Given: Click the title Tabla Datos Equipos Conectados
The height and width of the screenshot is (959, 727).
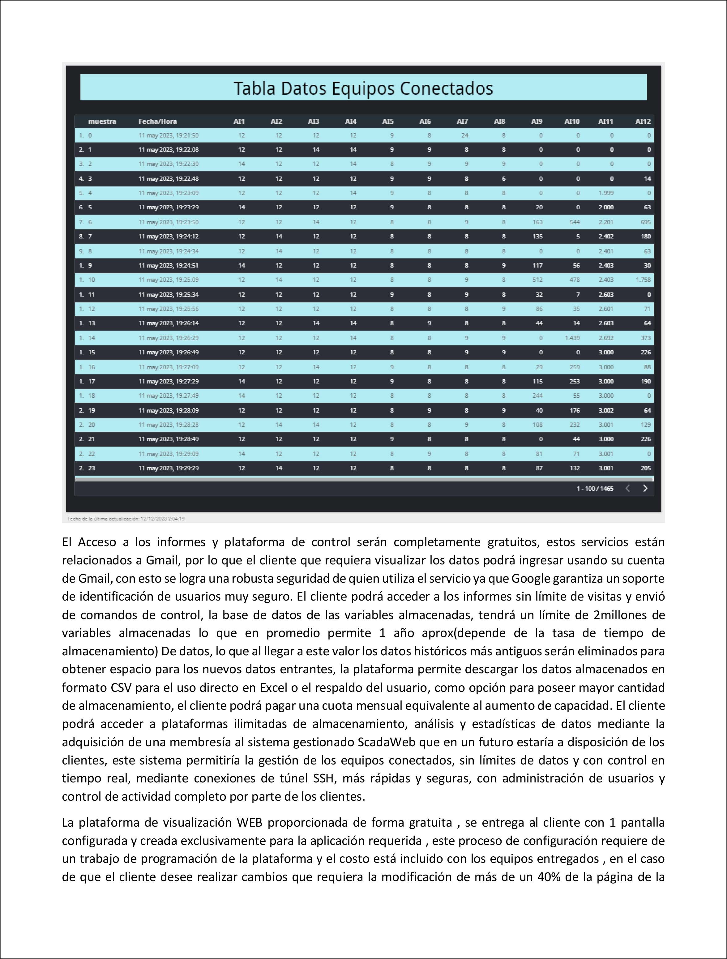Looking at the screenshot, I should point(363,88).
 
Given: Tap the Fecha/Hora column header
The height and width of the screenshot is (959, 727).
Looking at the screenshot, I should point(157,122).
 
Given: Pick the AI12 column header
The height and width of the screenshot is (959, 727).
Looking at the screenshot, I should point(643,122).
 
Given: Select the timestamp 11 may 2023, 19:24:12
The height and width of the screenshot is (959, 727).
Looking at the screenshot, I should point(168,236).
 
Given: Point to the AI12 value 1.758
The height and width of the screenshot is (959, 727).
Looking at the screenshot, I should point(643,280).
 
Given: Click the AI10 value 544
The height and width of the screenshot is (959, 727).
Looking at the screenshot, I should point(575,222).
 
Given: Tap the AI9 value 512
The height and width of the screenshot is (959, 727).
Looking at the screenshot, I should point(537,280).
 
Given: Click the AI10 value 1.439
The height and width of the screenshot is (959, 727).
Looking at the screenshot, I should point(572,338).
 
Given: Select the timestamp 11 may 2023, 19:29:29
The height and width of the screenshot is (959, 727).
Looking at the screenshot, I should point(168,468).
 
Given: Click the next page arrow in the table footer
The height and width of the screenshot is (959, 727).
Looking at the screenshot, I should point(645,488).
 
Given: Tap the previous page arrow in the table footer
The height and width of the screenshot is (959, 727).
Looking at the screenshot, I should point(627,488).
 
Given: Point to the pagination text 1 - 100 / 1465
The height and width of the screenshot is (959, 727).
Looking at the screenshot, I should point(594,489).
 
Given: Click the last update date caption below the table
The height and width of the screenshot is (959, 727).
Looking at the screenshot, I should point(126,519).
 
